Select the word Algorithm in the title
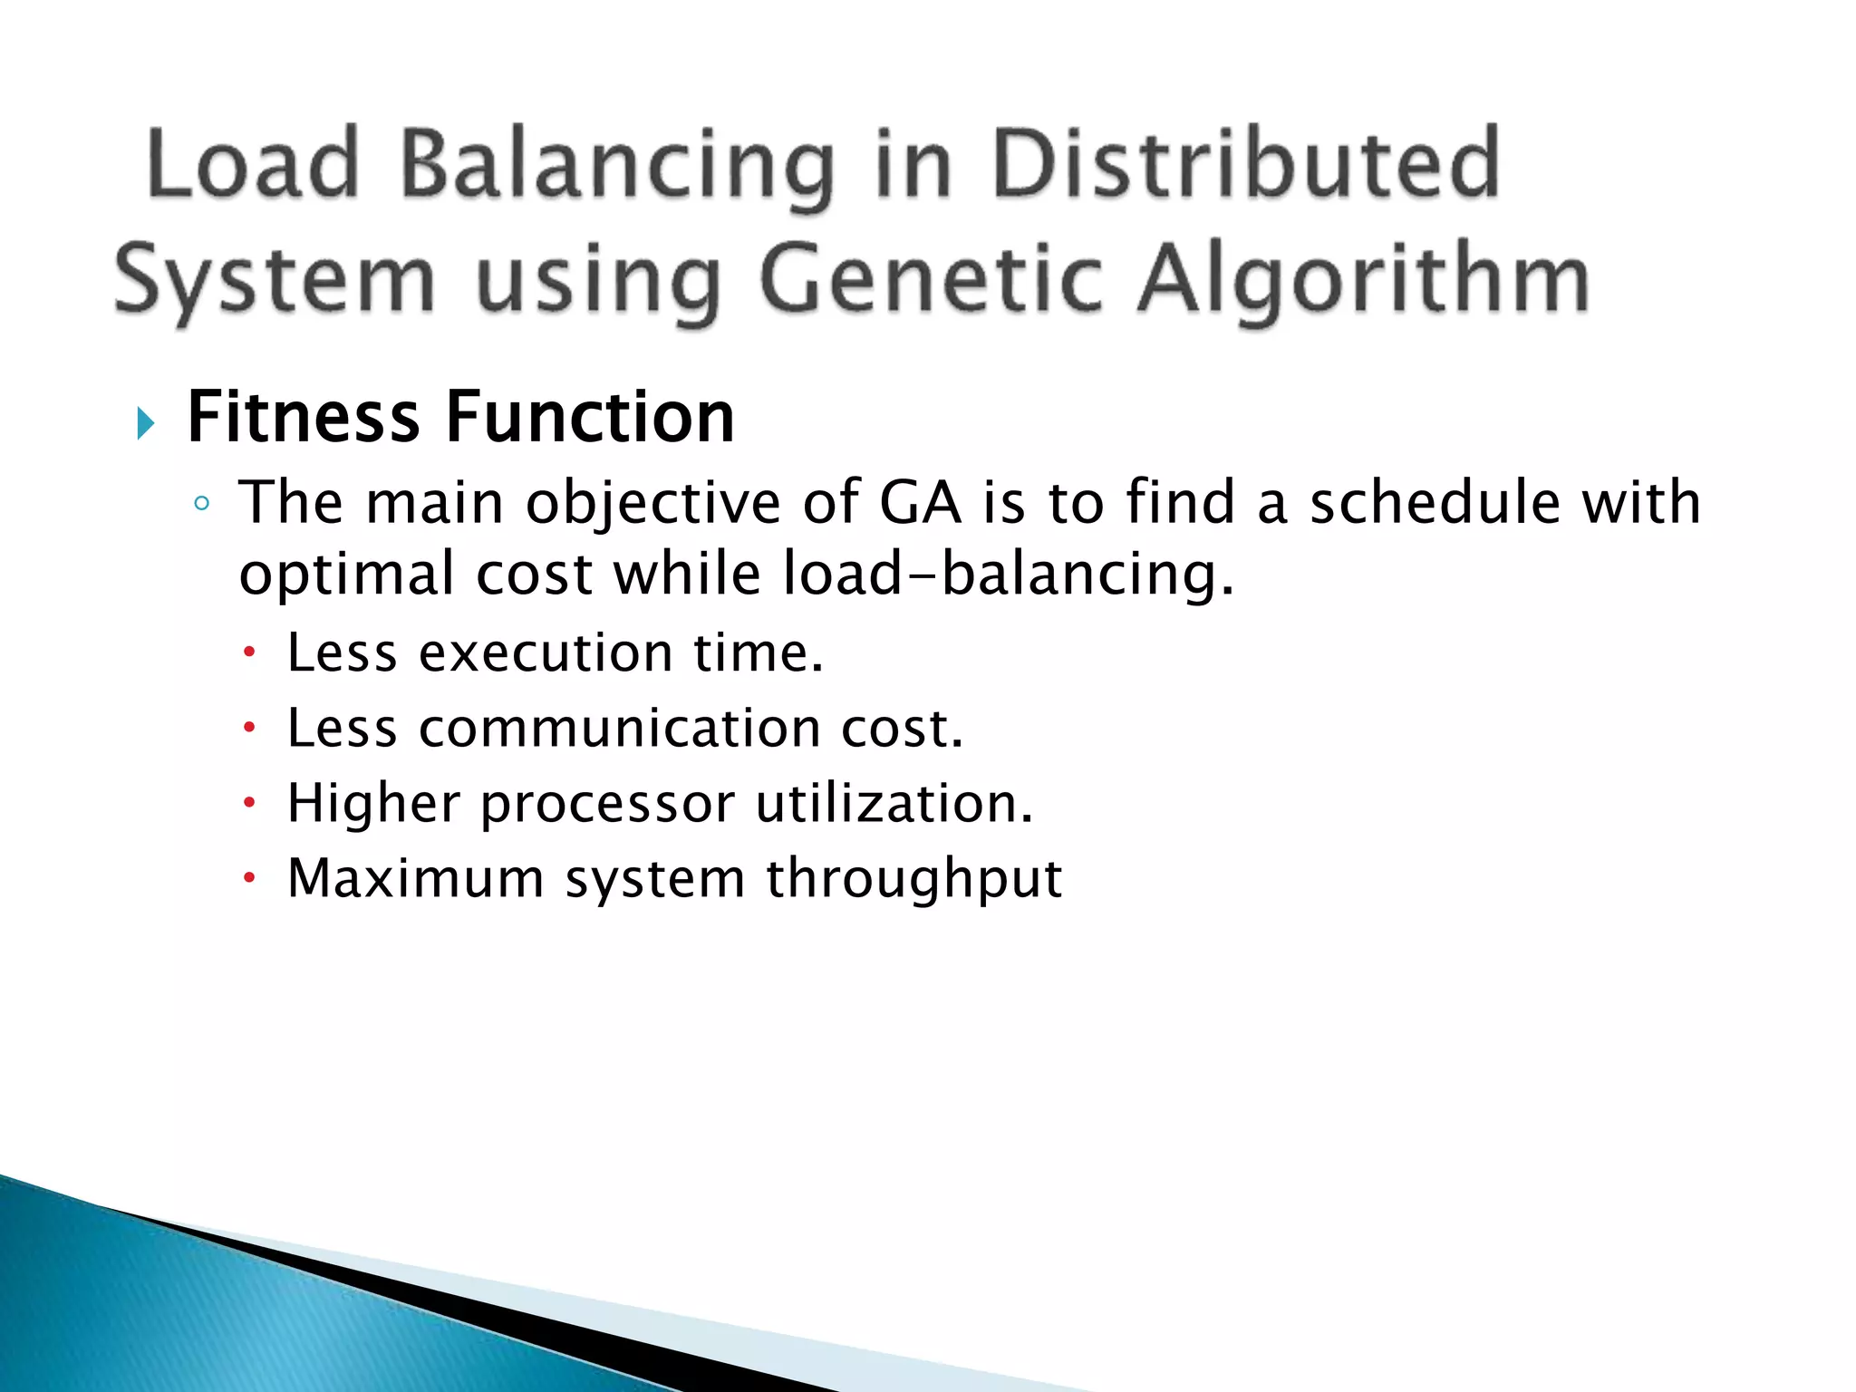point(1364,278)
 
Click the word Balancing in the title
point(616,165)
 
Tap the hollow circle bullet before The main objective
point(202,504)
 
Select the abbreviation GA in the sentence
point(919,502)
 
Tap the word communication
point(619,728)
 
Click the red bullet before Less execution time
point(250,652)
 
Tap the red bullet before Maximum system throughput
point(250,877)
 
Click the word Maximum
point(416,877)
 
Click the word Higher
point(373,803)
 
